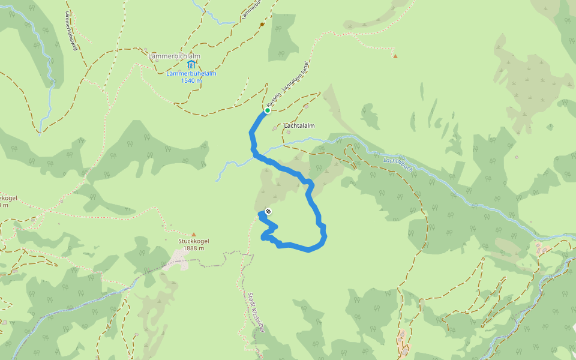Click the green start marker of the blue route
(x=267, y=110)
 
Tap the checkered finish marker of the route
(x=268, y=211)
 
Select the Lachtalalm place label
(x=299, y=125)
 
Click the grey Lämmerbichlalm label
(x=174, y=56)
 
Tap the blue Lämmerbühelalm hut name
(x=191, y=74)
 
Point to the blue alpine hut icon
(x=191, y=64)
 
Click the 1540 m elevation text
(x=191, y=80)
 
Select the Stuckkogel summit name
(x=193, y=241)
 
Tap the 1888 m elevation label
(x=193, y=248)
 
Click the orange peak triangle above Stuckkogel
(x=193, y=235)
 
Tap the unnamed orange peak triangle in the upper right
(x=395, y=56)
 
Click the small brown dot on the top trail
(x=262, y=25)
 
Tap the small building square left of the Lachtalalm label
(x=275, y=127)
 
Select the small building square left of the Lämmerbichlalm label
(x=146, y=49)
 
